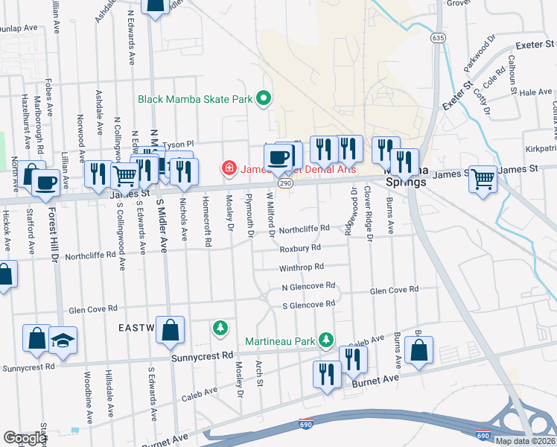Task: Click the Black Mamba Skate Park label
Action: [195, 98]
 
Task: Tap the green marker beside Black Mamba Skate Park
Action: [262, 98]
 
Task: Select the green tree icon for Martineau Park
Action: [325, 340]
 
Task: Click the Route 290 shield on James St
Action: [284, 183]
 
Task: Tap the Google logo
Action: [25, 438]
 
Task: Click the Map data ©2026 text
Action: [525, 441]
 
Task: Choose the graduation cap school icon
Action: [63, 340]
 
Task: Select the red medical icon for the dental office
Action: [229, 168]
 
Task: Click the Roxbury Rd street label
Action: [300, 247]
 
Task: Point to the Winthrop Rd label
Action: [301, 267]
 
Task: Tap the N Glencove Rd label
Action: [308, 286]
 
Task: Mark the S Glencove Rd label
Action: [308, 305]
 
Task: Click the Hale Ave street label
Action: [535, 92]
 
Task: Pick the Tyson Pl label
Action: [177, 144]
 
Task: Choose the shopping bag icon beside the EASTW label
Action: [170, 329]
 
